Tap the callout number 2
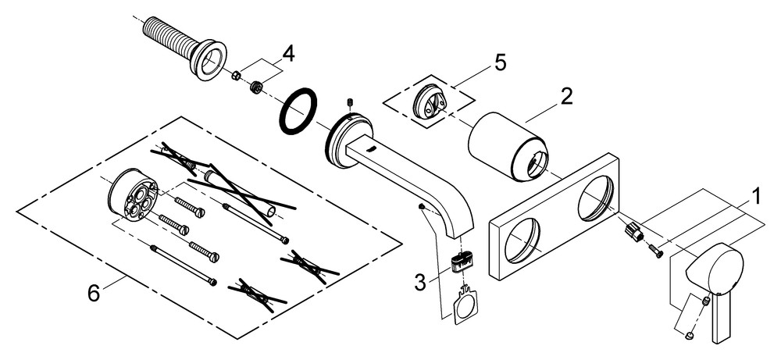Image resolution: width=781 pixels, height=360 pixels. [x=565, y=97]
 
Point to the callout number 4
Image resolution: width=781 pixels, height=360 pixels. [x=288, y=54]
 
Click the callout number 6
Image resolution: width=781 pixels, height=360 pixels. [x=94, y=293]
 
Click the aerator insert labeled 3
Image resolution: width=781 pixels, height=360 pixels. [x=462, y=259]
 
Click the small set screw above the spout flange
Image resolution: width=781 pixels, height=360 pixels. [x=350, y=103]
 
